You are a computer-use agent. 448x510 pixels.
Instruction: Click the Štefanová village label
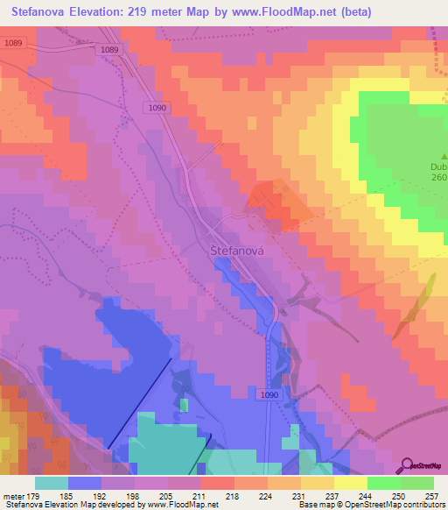point(237,249)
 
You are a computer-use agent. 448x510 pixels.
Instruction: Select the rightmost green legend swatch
point(416,483)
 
